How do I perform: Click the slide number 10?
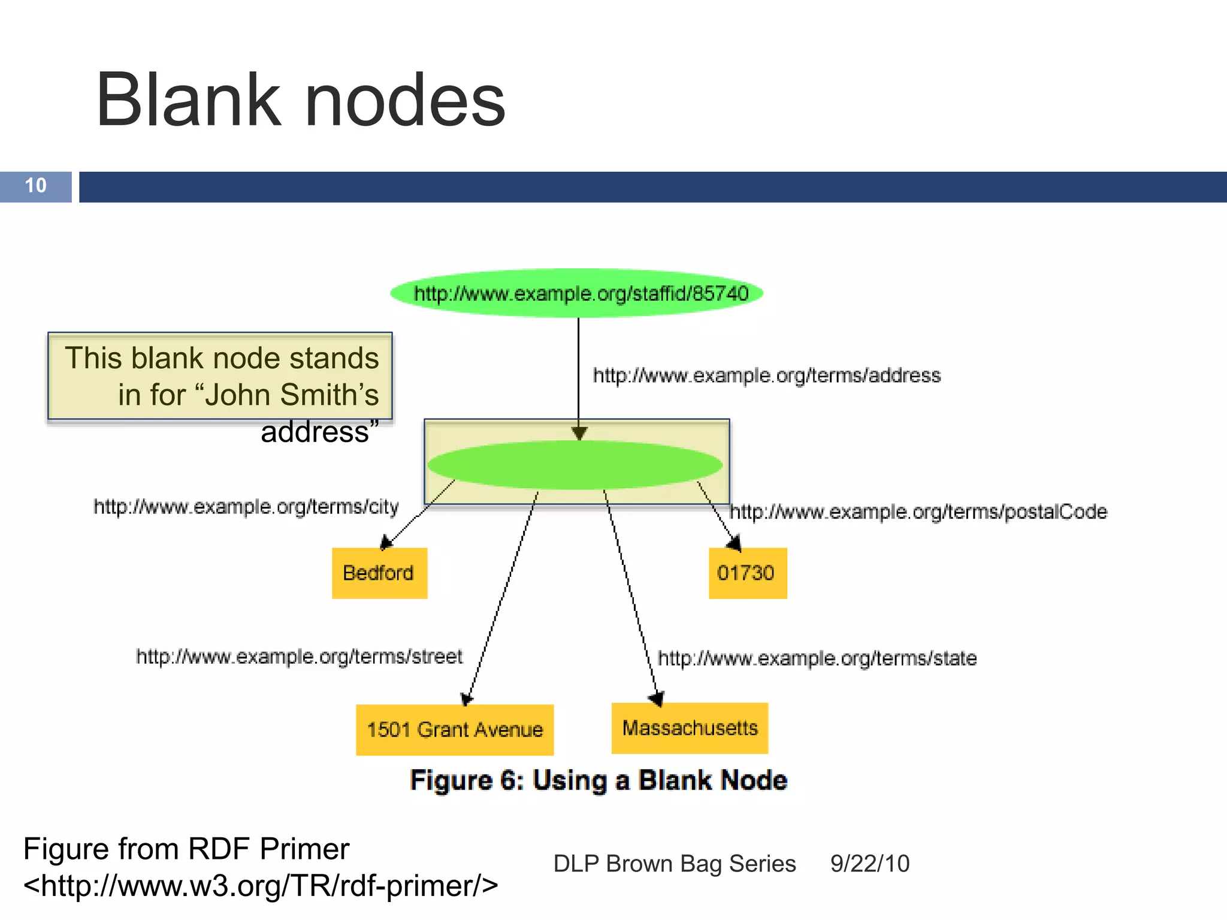pos(36,186)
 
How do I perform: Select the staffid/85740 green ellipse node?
pos(577,293)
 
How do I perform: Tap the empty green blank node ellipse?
pos(575,465)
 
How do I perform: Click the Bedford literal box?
pos(379,573)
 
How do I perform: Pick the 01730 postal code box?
pos(747,573)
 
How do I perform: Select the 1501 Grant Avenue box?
pos(455,730)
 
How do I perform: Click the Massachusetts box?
pos(690,728)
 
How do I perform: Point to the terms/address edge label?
pos(766,376)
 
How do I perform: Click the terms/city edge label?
pos(246,507)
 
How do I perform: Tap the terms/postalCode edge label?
pos(918,512)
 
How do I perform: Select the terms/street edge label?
pos(300,656)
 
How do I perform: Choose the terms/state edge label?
pos(817,658)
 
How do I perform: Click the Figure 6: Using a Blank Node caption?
pos(598,780)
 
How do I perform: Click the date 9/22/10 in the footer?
pos(869,864)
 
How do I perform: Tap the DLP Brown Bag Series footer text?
pos(675,864)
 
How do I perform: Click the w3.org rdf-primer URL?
pos(261,885)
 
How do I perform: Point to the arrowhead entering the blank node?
pos(579,433)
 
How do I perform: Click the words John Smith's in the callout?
pos(292,395)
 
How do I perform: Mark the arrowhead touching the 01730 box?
pos(735,543)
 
